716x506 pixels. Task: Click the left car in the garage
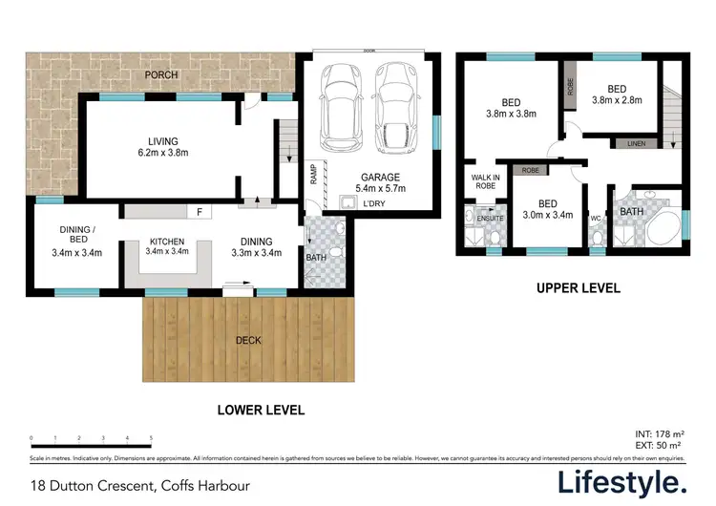[x=340, y=107]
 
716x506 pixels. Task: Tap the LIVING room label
[x=162, y=142]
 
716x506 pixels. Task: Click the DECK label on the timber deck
[x=249, y=340]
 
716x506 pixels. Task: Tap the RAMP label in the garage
[x=312, y=176]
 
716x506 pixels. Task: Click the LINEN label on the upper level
[x=636, y=143]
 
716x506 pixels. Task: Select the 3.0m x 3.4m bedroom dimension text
[x=548, y=216]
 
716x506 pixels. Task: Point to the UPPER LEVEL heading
[x=578, y=287]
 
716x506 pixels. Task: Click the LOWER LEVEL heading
[x=261, y=411]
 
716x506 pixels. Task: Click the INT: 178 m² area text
[x=657, y=434]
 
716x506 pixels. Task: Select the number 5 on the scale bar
[x=151, y=438]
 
